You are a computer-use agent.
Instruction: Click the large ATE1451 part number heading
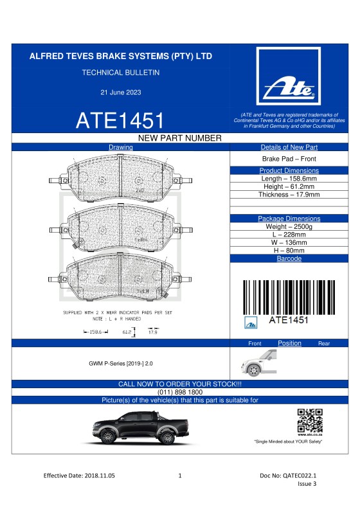[120, 120]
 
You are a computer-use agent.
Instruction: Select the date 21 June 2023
[120, 93]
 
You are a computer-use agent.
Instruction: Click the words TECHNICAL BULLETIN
[120, 73]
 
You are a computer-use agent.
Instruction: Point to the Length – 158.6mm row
[289, 178]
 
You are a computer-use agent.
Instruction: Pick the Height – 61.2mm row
[289, 186]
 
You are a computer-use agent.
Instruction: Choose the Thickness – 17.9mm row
[289, 194]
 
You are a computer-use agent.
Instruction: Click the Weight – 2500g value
[289, 227]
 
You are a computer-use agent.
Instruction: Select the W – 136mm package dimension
[289, 243]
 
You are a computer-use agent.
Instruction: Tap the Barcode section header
[289, 258]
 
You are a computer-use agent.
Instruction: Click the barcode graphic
[289, 296]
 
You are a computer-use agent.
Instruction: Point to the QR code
[310, 420]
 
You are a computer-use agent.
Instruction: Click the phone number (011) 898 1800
[180, 392]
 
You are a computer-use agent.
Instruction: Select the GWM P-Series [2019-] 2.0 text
[121, 364]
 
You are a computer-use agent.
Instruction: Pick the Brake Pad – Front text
[289, 159]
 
